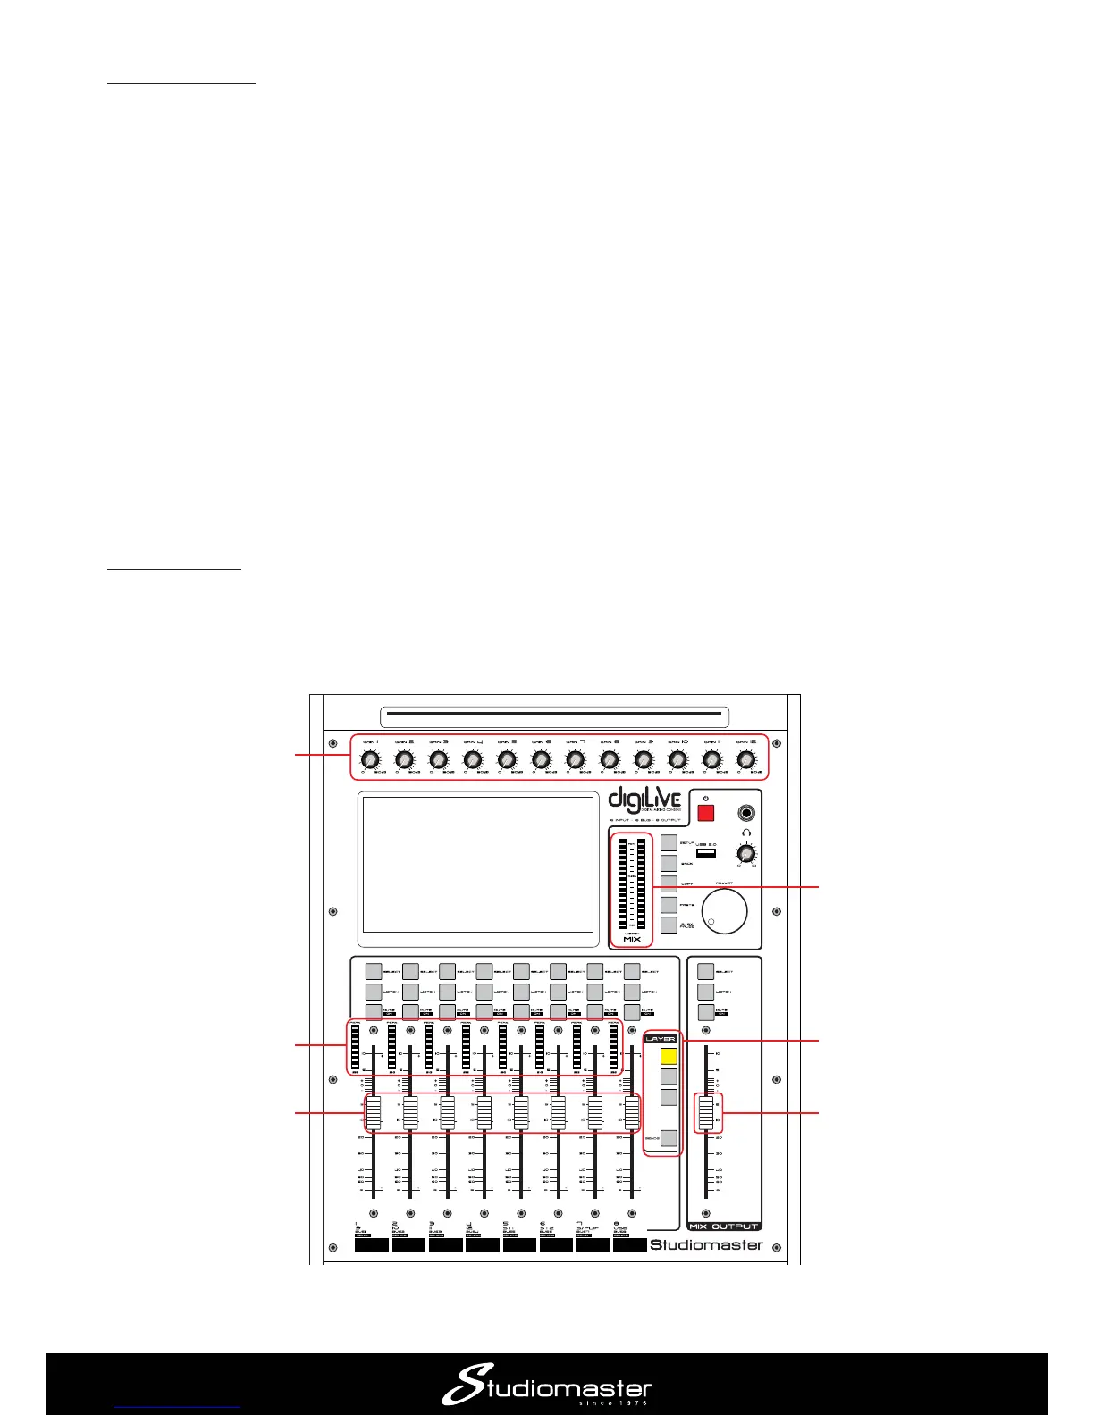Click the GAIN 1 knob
click(370, 760)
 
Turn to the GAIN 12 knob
click(745, 760)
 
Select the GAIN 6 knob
click(541, 760)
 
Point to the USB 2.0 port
click(706, 854)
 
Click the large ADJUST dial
click(724, 911)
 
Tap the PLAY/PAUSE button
click(669, 925)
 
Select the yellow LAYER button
click(669, 1055)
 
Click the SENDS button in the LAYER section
click(669, 1138)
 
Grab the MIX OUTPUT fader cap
click(706, 1113)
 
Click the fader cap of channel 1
click(373, 1112)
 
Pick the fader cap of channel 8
click(632, 1112)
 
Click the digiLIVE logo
click(644, 801)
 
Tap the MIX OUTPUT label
click(724, 1227)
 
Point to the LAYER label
click(661, 1039)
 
